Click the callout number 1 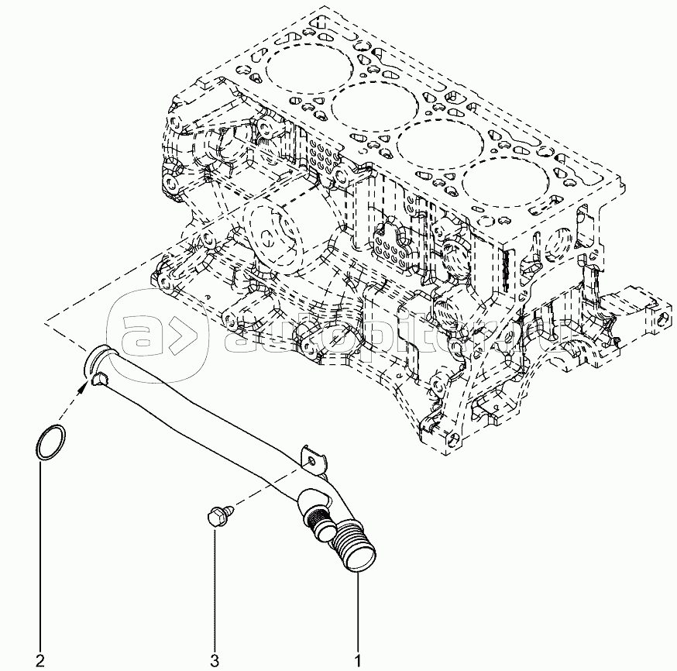358,661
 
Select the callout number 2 40,661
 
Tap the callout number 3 215,661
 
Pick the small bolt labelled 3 219,514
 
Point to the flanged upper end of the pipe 98,365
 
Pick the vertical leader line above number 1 358,612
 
